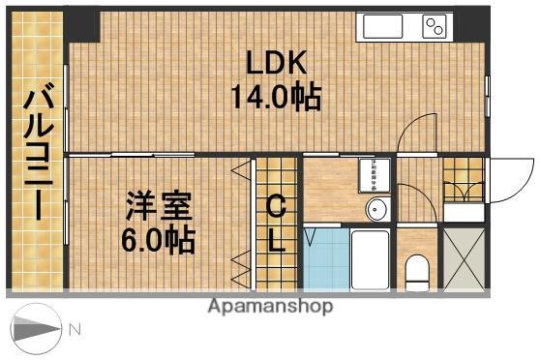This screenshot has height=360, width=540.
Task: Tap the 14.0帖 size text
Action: coord(276,99)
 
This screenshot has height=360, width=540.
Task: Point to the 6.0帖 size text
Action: coord(161,239)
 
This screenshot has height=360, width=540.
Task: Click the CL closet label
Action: coord(276,223)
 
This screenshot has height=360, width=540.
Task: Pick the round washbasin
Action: coord(375,209)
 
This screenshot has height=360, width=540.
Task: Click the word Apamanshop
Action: coord(270,307)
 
